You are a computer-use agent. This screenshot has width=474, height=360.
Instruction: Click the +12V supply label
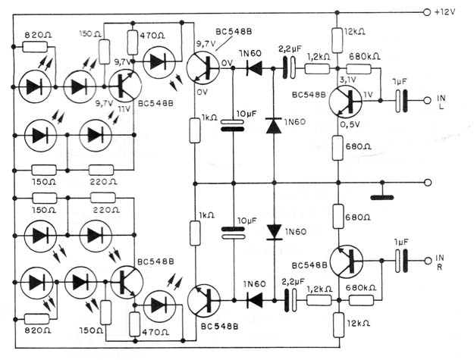444,12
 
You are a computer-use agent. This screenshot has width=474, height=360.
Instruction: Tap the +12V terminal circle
427,12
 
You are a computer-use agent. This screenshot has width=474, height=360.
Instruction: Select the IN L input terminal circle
427,101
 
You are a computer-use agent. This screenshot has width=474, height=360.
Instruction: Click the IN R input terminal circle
428,261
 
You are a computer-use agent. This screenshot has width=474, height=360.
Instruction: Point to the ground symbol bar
382,198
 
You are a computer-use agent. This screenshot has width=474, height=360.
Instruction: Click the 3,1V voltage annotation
347,80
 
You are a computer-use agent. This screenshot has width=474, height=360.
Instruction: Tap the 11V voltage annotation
124,108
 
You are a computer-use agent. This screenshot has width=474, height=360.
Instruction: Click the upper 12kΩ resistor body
337,40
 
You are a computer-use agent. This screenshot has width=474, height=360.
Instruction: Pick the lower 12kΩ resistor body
338,325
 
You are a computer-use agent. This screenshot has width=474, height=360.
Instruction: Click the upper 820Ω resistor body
35,47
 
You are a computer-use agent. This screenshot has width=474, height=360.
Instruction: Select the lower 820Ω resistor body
36,319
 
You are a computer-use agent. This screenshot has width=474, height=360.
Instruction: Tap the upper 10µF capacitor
233,126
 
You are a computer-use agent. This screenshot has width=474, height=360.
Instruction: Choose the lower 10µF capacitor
233,233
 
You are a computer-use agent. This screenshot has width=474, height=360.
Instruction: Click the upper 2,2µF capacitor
289,68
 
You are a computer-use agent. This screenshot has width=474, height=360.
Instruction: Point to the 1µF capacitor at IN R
401,261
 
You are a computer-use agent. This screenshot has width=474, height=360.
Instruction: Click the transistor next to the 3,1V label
346,102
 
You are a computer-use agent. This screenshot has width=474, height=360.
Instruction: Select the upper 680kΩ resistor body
359,69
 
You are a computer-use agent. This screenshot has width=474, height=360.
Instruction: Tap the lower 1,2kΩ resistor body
319,300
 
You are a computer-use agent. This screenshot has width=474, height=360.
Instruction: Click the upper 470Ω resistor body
133,42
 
